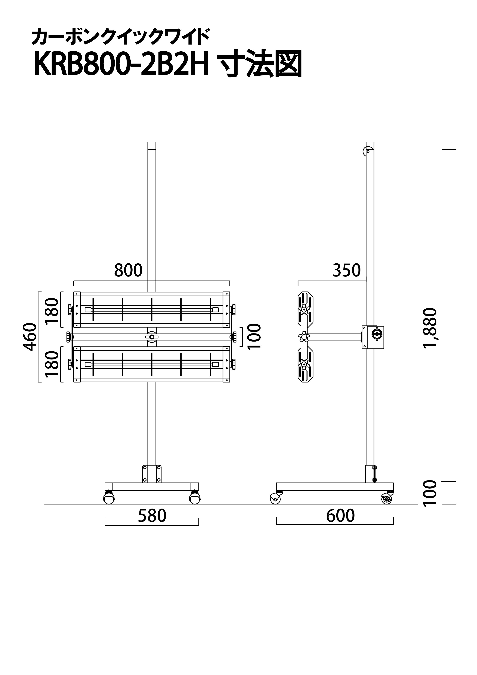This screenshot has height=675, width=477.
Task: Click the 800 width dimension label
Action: pyautogui.click(x=128, y=271)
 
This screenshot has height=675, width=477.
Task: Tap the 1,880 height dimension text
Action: pyautogui.click(x=430, y=328)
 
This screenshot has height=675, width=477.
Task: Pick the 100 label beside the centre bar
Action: pyautogui.click(x=254, y=336)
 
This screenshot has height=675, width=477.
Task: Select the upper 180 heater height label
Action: pyautogui.click(x=52, y=310)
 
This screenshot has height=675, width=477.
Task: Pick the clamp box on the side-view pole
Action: pyautogui.click(x=373, y=337)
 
